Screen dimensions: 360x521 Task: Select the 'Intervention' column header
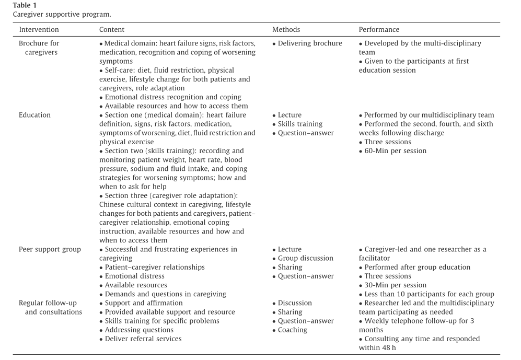(x=39, y=30)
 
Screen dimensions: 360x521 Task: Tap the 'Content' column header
(x=112, y=30)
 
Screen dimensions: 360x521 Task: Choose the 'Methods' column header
(x=286, y=30)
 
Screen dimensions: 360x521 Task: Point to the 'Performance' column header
(x=379, y=30)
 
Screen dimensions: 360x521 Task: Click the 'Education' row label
(x=34, y=115)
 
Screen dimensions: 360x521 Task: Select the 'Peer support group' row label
(x=50, y=249)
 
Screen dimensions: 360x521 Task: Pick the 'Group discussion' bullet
(x=305, y=258)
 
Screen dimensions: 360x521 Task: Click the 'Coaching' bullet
(x=293, y=330)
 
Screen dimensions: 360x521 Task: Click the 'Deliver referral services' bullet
(x=143, y=339)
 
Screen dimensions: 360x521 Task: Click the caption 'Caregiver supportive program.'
(x=62, y=14)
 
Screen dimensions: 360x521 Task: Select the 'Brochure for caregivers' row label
(x=39, y=48)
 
